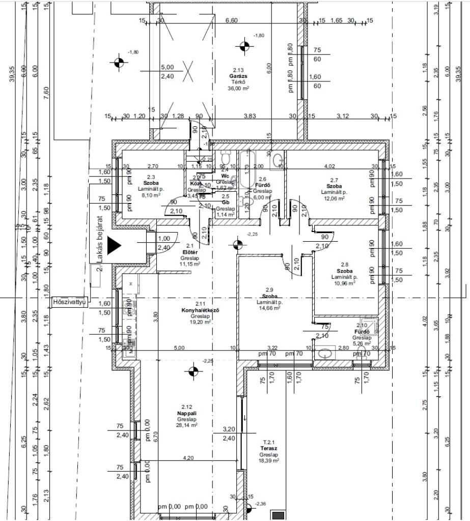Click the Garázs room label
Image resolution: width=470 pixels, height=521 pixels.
point(238,75)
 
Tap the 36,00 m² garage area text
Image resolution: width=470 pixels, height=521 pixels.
point(238,88)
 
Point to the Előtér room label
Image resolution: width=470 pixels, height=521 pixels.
point(189,252)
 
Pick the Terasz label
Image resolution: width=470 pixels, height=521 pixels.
point(268,448)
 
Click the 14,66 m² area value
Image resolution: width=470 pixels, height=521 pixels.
point(269,308)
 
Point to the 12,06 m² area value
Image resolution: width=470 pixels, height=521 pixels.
point(334,198)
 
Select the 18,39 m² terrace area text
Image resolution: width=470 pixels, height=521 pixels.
point(268,460)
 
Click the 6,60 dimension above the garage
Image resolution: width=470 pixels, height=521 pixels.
point(231,20)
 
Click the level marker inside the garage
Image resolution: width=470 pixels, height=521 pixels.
point(245,46)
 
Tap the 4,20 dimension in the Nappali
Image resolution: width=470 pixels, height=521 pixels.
point(188,458)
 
